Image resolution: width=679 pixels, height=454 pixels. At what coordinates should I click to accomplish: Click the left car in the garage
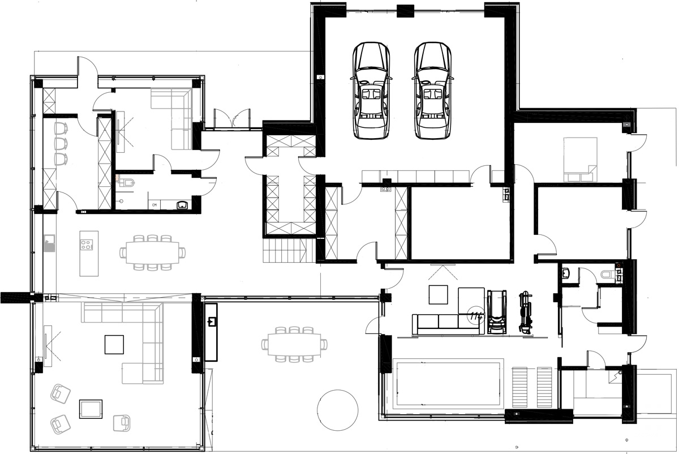371,91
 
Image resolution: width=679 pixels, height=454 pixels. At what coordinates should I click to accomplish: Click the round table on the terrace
337,409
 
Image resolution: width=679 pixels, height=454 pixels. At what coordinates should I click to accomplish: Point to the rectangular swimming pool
447,384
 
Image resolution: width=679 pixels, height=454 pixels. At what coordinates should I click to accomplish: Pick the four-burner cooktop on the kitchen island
87,245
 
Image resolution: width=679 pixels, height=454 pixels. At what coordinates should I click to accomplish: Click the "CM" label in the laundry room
154,205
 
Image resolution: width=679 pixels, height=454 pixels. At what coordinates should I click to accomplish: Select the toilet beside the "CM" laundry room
128,182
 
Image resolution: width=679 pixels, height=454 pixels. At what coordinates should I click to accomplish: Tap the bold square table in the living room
114,344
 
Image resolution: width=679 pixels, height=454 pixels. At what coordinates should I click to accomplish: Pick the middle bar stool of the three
61,144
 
